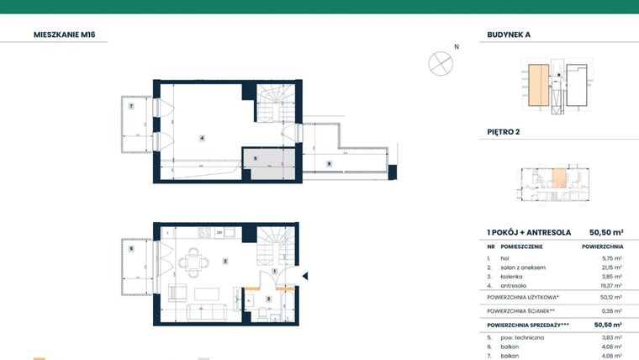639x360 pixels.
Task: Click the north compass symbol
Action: (x=440, y=62)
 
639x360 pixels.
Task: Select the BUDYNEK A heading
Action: (x=510, y=35)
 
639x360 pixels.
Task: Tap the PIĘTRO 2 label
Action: (x=504, y=132)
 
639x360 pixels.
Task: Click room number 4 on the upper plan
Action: (x=202, y=137)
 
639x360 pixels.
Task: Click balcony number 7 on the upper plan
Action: (x=131, y=106)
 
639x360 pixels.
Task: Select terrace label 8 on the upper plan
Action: (x=329, y=163)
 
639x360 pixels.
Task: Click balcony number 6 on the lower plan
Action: (x=131, y=249)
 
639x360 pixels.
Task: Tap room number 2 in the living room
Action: (x=225, y=262)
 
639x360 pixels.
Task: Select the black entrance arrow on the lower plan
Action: (x=305, y=275)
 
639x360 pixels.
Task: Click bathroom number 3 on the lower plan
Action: (x=268, y=299)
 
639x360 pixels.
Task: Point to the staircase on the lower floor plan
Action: (x=274, y=247)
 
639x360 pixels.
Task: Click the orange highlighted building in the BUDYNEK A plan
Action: (x=535, y=86)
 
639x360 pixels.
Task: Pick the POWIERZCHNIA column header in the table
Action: (x=600, y=246)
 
